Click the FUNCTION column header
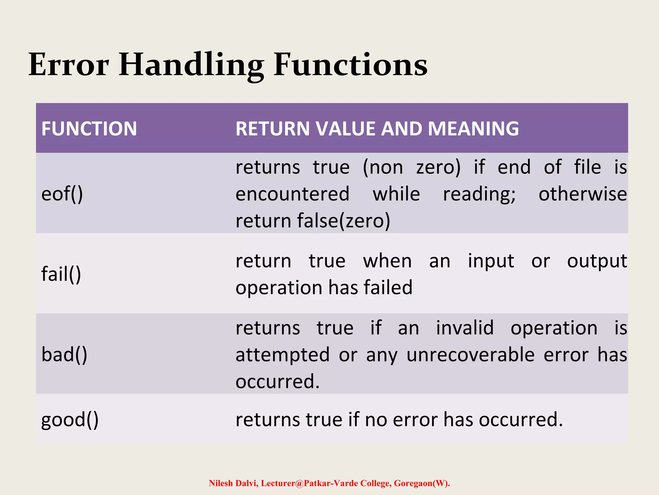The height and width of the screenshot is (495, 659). coord(89,129)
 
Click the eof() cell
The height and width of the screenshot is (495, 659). coord(62,194)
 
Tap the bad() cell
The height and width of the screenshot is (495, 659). coord(64,354)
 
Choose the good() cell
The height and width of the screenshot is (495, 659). coord(70,420)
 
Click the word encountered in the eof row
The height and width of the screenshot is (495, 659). coord(292,194)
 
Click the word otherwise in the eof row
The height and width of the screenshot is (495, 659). coord(582,194)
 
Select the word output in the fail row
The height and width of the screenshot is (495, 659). coord(597,261)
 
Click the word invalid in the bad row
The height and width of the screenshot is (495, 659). coord(465,328)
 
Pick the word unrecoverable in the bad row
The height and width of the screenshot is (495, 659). coord(470,355)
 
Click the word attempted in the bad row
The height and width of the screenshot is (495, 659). coord(283,355)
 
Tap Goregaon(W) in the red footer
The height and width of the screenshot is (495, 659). coord(421,483)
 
